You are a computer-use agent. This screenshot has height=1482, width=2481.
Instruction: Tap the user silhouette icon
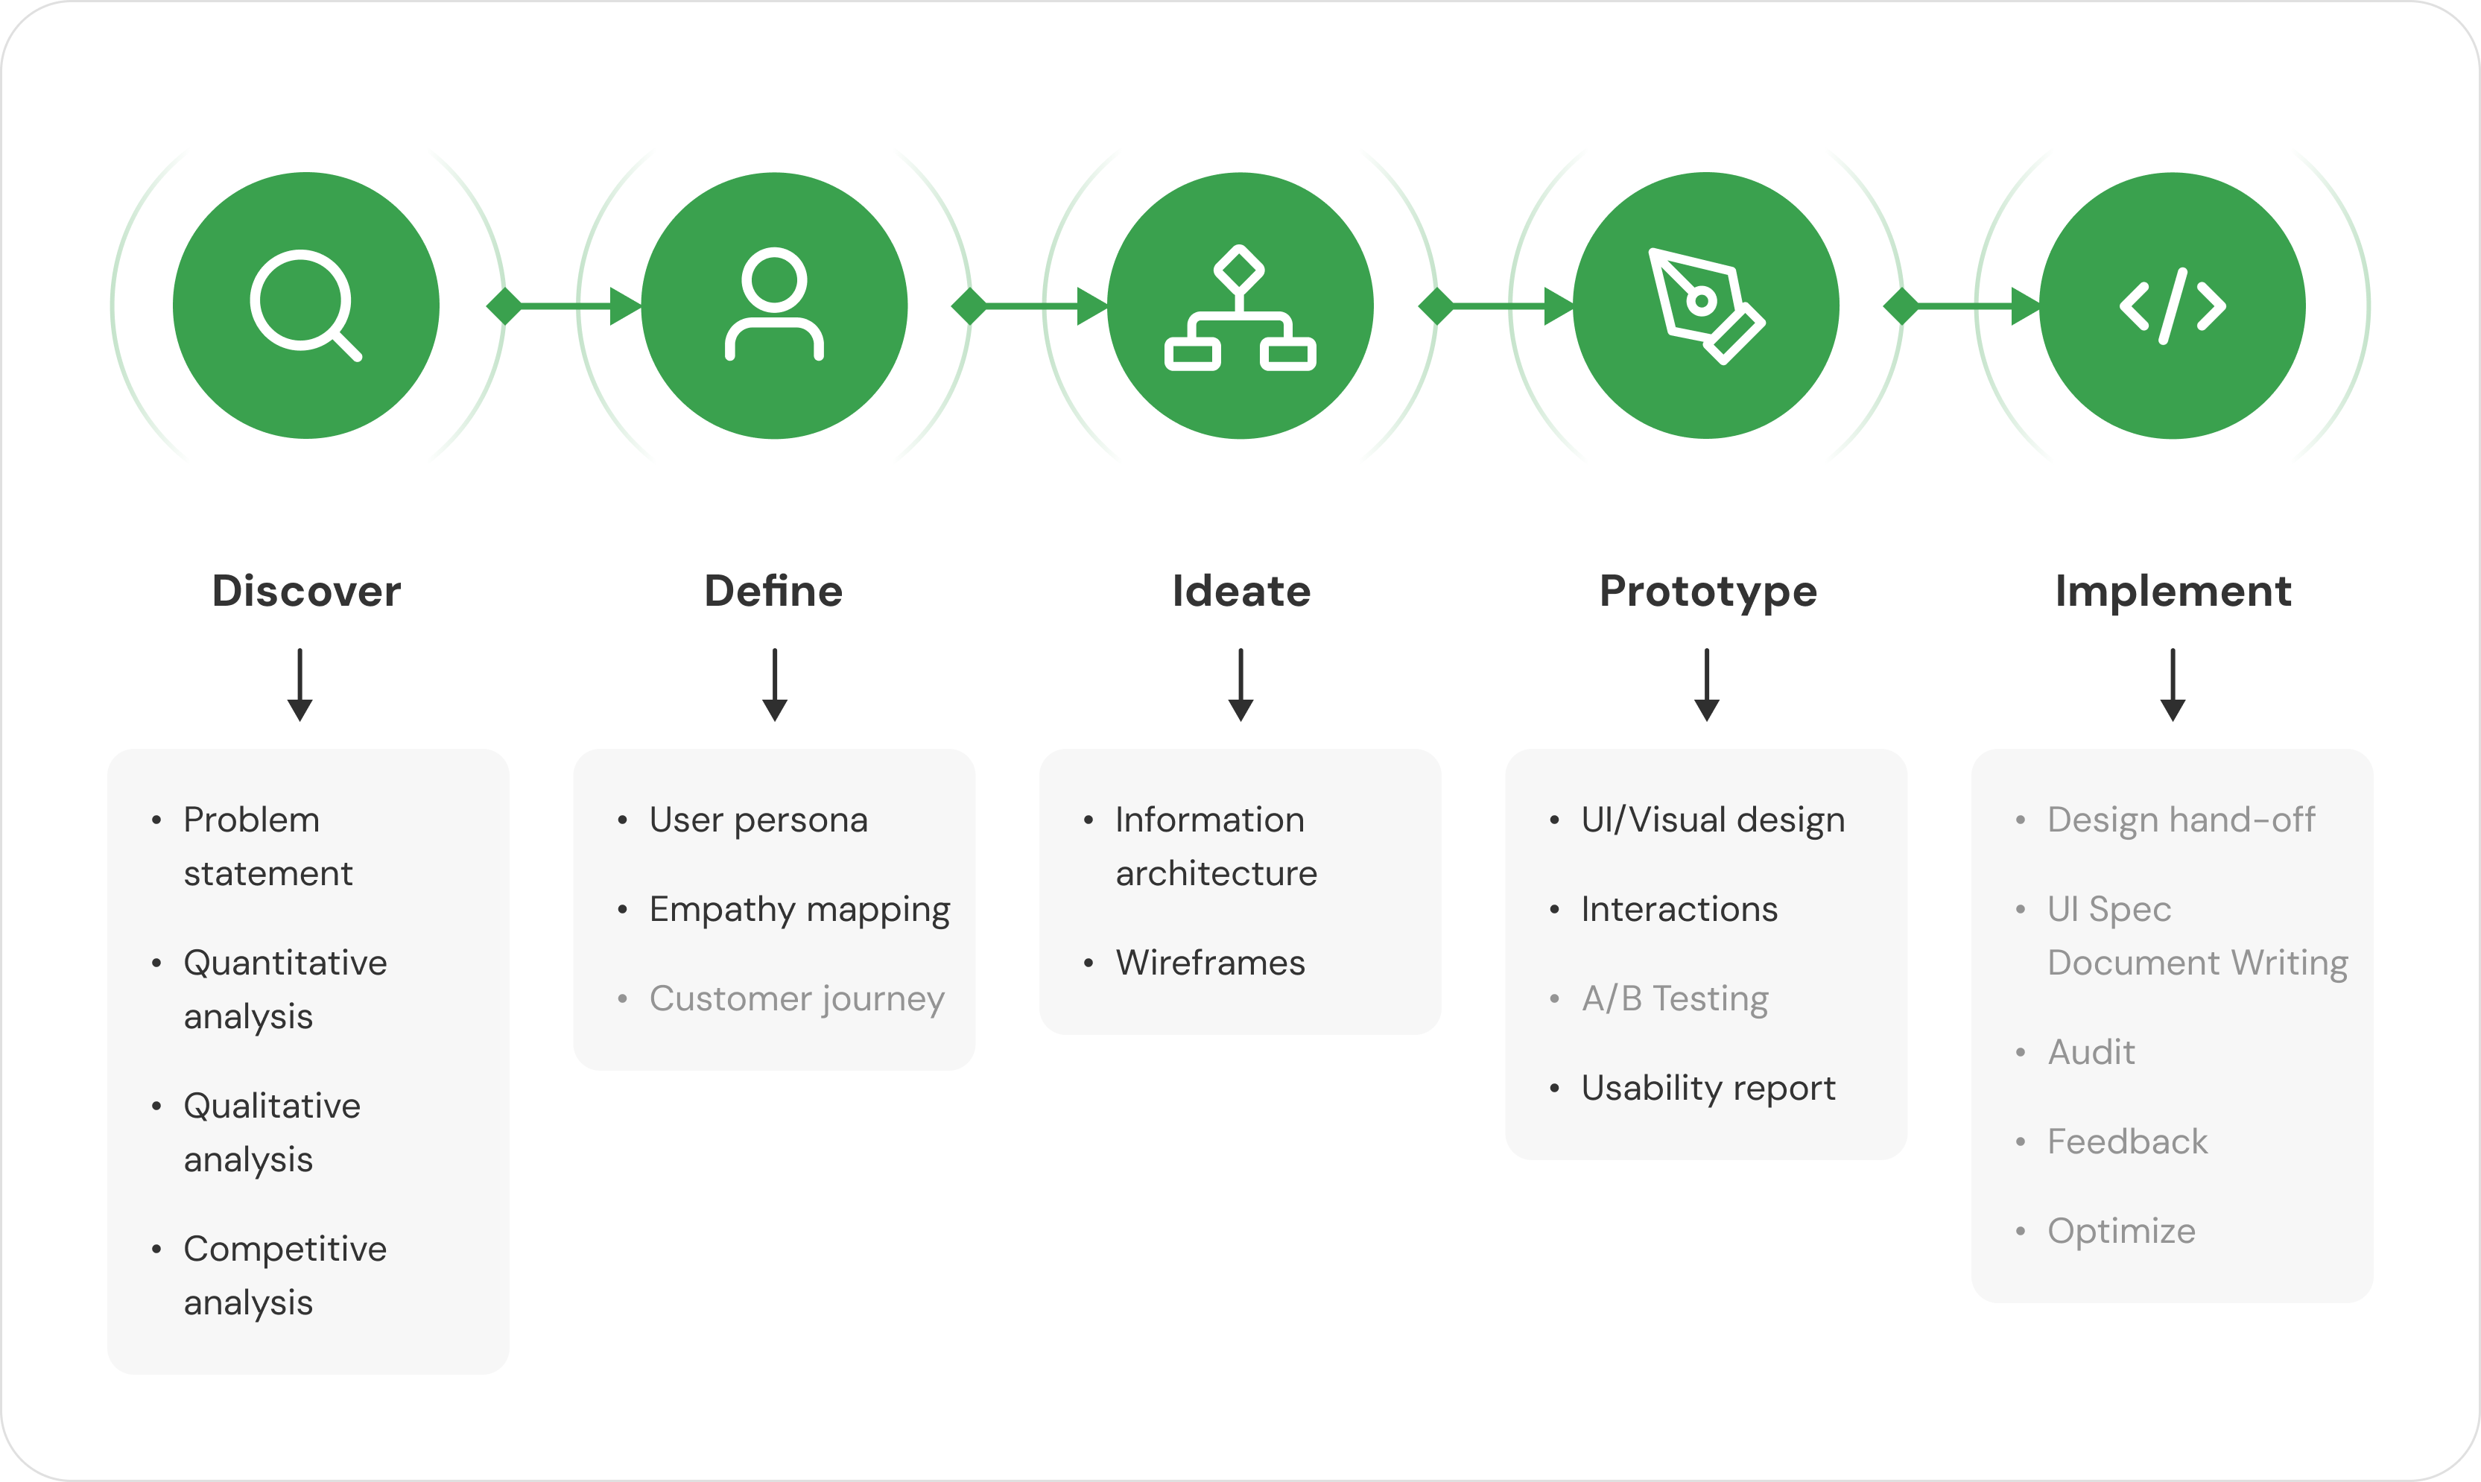(774, 303)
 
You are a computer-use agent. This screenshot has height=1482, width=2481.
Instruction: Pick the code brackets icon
(2173, 305)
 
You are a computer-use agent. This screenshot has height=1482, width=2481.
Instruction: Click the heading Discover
(306, 591)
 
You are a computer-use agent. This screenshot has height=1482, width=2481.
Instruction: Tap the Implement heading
(2173, 591)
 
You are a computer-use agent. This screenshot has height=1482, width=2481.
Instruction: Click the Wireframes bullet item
(1210, 963)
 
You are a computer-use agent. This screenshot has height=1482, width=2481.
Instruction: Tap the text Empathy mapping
(799, 910)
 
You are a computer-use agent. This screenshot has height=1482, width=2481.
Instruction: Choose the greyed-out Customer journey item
(796, 998)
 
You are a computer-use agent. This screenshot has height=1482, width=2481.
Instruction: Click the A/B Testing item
(1674, 998)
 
